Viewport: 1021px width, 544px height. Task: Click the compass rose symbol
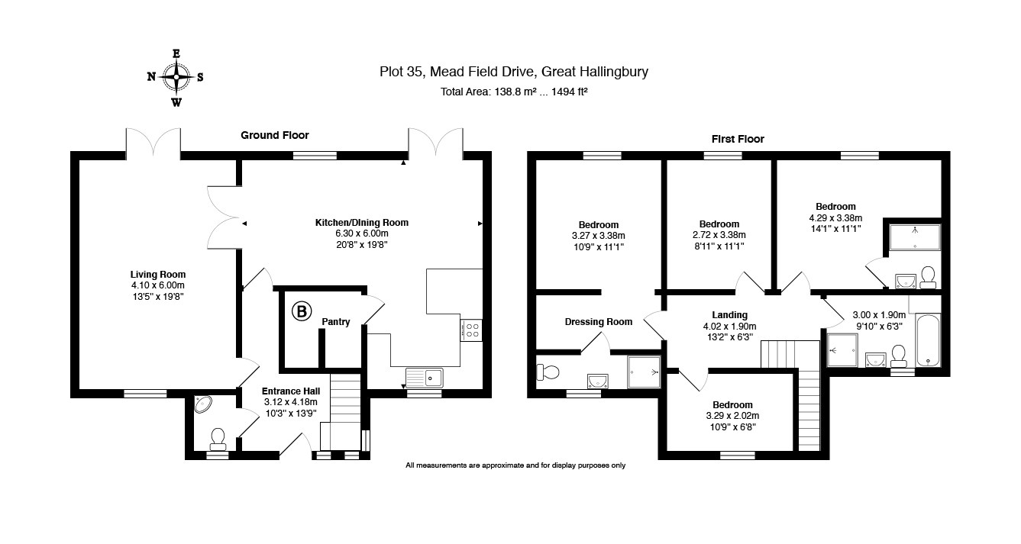point(176,77)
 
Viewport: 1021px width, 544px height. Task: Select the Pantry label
point(335,322)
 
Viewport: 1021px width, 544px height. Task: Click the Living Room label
point(158,275)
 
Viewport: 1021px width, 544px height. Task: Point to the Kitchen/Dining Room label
point(362,223)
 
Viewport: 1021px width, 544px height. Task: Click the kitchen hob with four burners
point(472,330)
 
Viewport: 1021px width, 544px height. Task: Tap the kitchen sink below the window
point(425,376)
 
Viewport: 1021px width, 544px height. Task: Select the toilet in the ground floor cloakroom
point(218,437)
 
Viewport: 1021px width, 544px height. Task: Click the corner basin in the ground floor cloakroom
point(204,404)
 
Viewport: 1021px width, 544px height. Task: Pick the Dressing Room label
point(599,322)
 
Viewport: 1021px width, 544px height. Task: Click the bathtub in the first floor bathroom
point(927,339)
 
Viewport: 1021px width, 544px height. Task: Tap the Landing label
point(729,315)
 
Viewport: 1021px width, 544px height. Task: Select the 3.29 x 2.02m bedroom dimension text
point(732,416)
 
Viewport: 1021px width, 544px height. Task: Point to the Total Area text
point(513,92)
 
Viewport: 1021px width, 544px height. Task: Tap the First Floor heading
point(738,139)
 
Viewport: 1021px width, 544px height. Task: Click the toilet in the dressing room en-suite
point(549,372)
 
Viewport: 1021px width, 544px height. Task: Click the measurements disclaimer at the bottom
point(515,465)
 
